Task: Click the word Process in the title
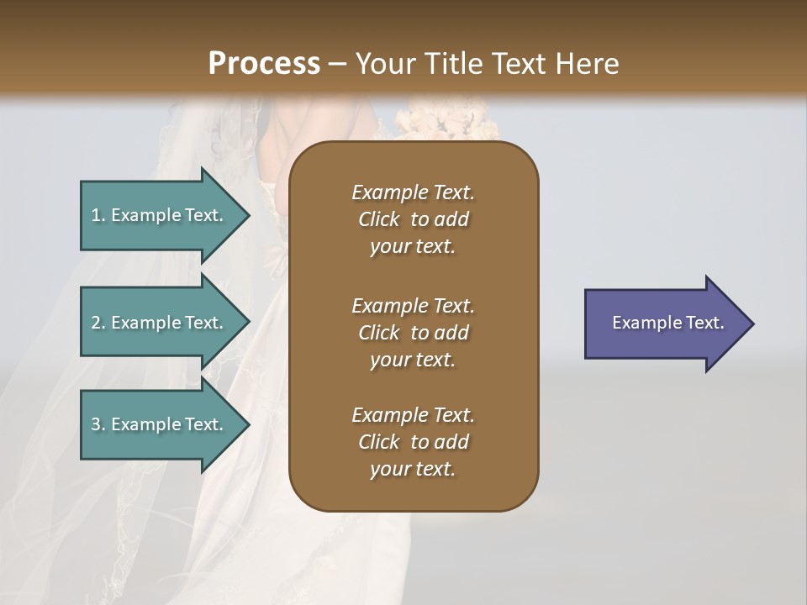pos(264,64)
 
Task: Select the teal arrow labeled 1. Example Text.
pos(160,215)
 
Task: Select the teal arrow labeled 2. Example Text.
pos(160,323)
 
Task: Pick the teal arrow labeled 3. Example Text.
pos(160,424)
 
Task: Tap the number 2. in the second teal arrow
pos(98,323)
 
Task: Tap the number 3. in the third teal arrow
pos(98,424)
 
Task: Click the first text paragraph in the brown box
pos(413,219)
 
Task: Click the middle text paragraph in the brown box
pos(413,332)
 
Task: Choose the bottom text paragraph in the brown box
pos(413,442)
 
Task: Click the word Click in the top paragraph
pos(379,219)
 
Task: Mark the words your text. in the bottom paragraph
pos(413,469)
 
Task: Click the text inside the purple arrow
pos(667,323)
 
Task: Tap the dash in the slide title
pos(338,65)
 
